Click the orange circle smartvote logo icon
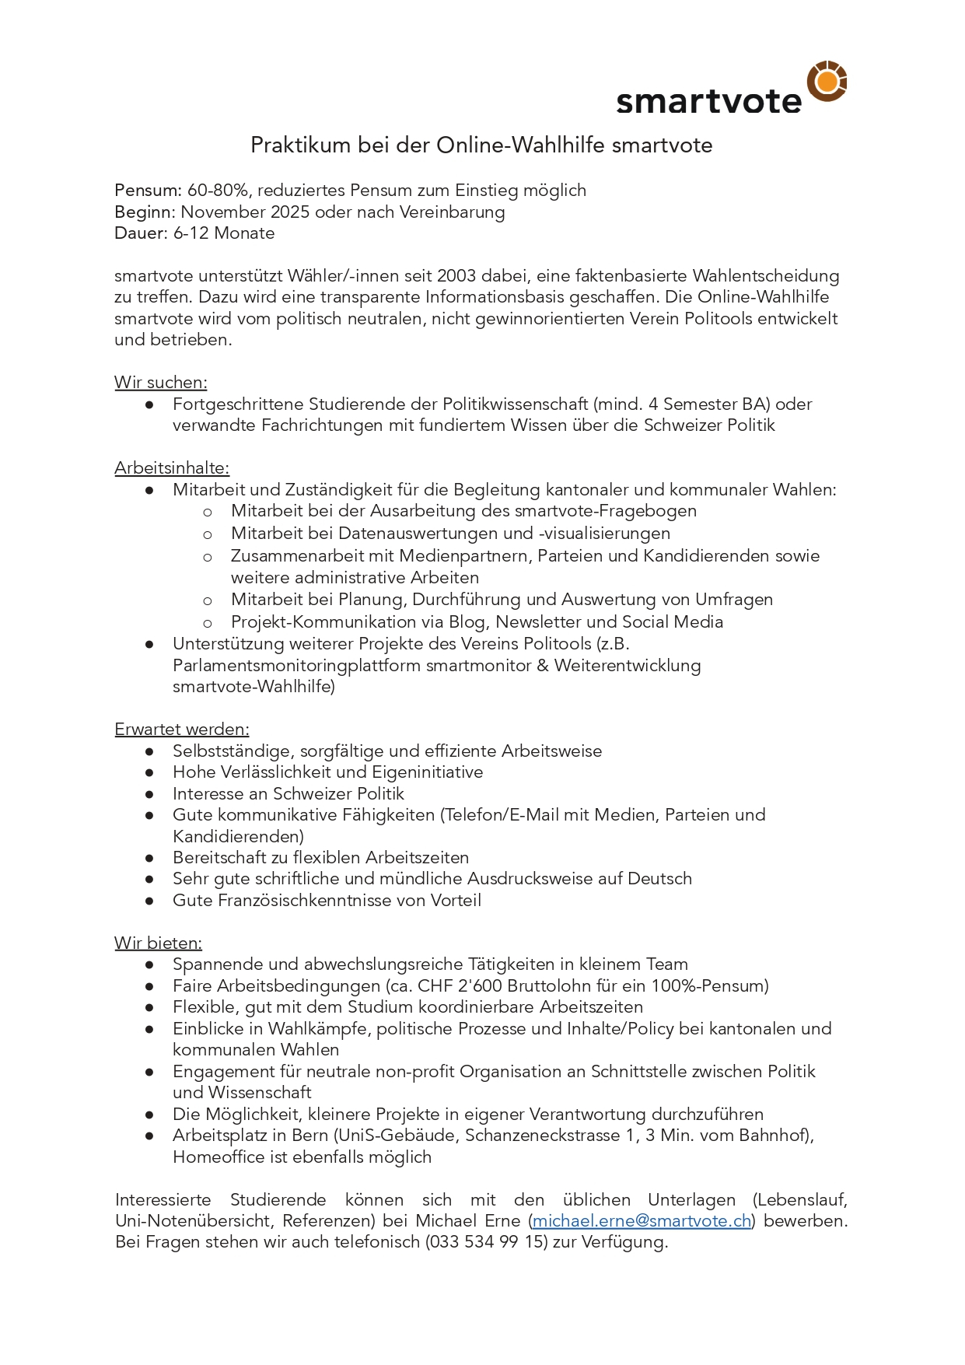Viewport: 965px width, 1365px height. click(x=827, y=81)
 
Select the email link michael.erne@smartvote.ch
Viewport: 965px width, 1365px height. click(x=642, y=1221)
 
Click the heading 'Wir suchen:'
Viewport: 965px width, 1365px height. click(x=161, y=383)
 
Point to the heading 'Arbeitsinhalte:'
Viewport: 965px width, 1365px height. click(x=172, y=468)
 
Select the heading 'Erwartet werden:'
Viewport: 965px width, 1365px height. click(x=182, y=730)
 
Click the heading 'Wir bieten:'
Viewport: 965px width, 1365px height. click(x=158, y=943)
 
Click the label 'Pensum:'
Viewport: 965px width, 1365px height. click(x=148, y=191)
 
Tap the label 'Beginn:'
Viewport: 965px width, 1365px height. click(x=145, y=212)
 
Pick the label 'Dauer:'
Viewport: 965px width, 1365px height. click(x=141, y=233)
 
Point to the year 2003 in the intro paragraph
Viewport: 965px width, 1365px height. click(x=458, y=276)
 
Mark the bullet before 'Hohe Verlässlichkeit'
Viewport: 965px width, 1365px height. click(x=149, y=773)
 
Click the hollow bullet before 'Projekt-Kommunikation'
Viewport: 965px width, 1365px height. click(x=208, y=623)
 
